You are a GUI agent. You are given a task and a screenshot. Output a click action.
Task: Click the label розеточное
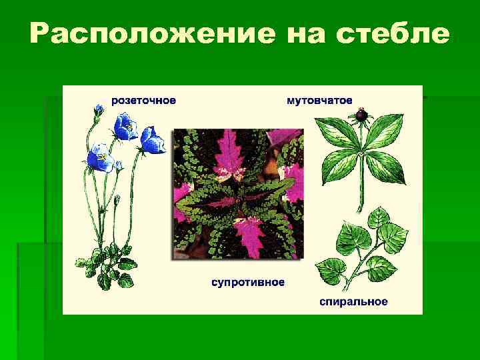point(143,100)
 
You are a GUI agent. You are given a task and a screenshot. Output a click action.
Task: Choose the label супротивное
point(248,282)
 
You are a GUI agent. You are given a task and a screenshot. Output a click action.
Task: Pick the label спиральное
point(353,302)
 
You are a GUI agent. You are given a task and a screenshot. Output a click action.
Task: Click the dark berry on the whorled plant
point(361,115)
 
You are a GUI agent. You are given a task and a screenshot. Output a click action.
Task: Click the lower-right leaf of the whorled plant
point(387,165)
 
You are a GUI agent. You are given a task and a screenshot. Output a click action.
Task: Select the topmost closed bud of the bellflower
point(99,108)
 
